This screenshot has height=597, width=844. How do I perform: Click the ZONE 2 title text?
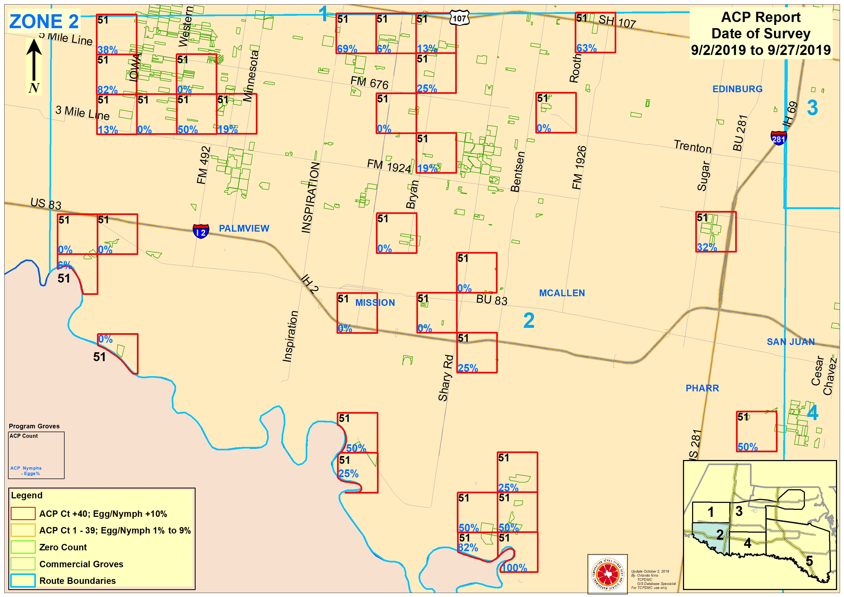44,21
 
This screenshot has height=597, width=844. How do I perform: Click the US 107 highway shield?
460,18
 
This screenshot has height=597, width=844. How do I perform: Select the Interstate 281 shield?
779,138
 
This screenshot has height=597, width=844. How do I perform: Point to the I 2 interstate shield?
201,231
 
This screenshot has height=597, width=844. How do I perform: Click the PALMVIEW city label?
244,228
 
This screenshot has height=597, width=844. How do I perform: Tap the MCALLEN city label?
562,293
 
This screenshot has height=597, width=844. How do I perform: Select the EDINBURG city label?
737,89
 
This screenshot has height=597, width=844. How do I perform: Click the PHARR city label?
702,388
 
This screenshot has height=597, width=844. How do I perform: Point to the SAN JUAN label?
791,342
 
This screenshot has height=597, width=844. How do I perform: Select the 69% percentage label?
347,49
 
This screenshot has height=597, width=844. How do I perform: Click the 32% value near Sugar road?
707,247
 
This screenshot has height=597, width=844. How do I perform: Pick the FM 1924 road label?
389,166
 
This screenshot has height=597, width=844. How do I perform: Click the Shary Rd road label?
446,378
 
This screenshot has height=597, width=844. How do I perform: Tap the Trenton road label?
693,146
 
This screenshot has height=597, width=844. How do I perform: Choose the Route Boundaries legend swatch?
23,580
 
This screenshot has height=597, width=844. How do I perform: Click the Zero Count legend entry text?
63,547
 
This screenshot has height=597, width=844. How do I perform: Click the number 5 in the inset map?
809,561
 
